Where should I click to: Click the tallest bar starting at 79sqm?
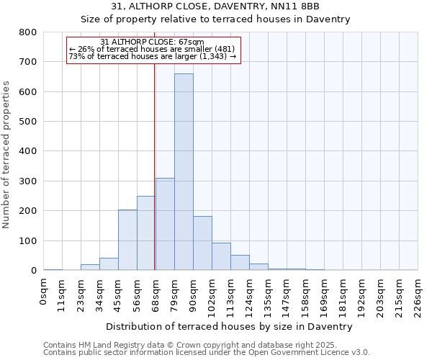pos(184,173)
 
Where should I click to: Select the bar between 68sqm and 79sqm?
pos(165,225)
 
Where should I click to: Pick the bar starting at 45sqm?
pos(127,240)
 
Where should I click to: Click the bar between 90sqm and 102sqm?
pos(202,243)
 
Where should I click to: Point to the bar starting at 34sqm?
pos(109,264)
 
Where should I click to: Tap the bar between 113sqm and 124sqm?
pos(240,263)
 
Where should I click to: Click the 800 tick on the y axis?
pos(28,32)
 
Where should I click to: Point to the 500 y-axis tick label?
pos(28,122)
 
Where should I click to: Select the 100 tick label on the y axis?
pos(28,240)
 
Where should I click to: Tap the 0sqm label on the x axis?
pos(44,291)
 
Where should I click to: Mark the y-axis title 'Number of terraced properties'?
pos(7,154)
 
